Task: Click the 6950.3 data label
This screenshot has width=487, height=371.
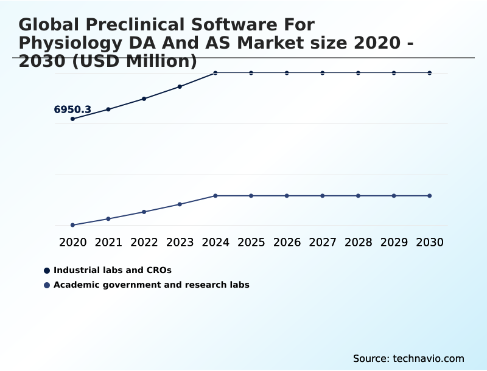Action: click(x=72, y=110)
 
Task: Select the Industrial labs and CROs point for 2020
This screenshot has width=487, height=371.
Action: click(x=72, y=119)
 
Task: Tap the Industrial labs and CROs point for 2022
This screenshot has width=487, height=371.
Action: click(x=144, y=99)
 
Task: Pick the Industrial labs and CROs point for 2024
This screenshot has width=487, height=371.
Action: click(x=215, y=73)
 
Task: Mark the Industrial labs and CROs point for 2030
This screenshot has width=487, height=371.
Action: click(x=430, y=73)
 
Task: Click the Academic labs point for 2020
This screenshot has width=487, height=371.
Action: click(x=72, y=225)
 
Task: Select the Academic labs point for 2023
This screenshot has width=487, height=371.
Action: click(x=180, y=204)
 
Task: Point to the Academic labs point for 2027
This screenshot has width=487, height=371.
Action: click(x=323, y=196)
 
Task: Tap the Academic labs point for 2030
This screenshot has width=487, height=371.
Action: click(x=430, y=196)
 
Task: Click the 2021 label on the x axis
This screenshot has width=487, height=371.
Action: click(x=108, y=243)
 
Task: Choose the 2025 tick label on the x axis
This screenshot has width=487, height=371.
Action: click(x=251, y=243)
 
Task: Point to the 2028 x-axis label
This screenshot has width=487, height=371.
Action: click(x=358, y=243)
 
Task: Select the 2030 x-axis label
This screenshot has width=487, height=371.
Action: click(x=430, y=243)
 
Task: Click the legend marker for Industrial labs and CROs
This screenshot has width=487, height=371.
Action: click(x=47, y=270)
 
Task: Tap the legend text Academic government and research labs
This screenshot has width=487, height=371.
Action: click(x=152, y=285)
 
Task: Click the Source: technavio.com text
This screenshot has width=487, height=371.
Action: click(x=408, y=359)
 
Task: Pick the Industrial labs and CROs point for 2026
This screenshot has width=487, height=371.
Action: click(x=287, y=73)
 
